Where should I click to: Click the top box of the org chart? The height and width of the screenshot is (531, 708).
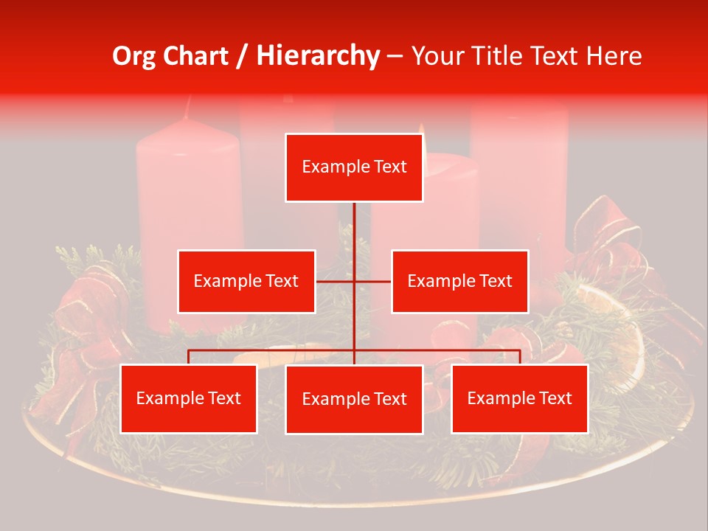coord(354,167)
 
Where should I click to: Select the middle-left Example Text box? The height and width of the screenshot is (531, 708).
coord(246,281)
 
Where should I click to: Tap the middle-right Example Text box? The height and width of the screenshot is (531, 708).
coord(459,281)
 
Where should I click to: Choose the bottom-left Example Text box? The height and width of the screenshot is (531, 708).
coord(189,398)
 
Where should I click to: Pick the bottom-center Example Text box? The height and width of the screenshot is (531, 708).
coord(354,399)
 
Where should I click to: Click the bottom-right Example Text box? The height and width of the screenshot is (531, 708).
coord(519,398)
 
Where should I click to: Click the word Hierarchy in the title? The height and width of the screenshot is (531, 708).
coord(318,56)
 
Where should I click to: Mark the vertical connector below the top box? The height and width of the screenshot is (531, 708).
coord(354,229)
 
